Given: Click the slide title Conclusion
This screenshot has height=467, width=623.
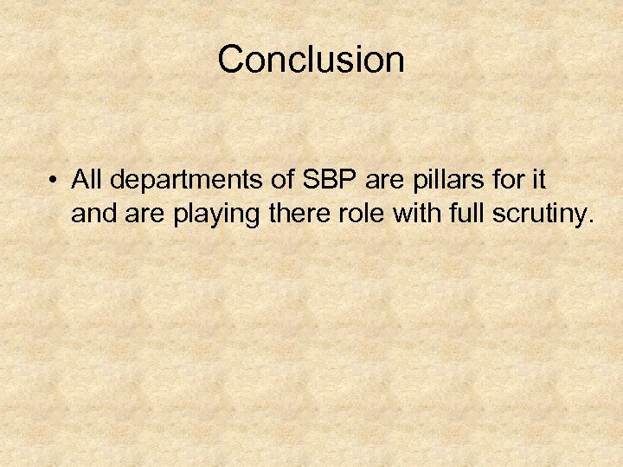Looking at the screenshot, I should click(x=311, y=60).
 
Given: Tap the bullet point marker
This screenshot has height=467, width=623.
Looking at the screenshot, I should click(x=54, y=181).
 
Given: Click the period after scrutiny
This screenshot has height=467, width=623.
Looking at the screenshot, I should click(x=591, y=222).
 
